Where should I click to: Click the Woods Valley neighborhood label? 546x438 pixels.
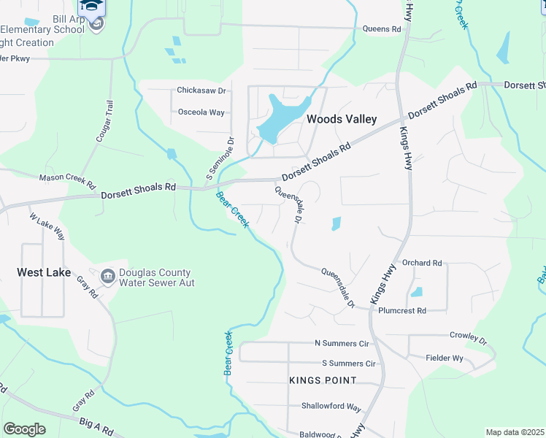tap(342, 119)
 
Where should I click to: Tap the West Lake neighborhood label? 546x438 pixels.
tap(45, 272)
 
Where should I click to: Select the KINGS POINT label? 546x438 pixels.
tap(323, 380)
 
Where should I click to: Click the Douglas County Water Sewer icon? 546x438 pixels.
tap(107, 276)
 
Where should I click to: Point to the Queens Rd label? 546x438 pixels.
tap(382, 29)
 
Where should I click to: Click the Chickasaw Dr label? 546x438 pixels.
tap(201, 91)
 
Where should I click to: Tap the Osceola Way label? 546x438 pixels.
tap(201, 112)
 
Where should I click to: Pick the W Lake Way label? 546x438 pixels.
tap(47, 226)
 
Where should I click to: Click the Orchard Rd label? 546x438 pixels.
tap(422, 263)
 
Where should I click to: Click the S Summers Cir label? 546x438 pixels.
tap(348, 363)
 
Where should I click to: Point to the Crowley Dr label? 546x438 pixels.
tap(468, 338)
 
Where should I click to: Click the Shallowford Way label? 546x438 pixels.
tap(331, 407)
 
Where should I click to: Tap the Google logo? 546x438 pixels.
tap(24, 429)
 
